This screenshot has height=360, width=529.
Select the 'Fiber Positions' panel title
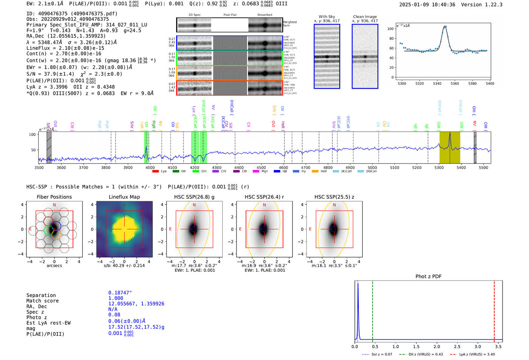[x=54, y=197]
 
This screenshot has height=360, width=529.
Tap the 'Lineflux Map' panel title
[x=124, y=197]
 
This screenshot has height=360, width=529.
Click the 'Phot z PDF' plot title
[x=428, y=276]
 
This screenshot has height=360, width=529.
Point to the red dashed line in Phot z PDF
[x=494, y=310]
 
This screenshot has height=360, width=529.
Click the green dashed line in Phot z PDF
[x=372, y=310]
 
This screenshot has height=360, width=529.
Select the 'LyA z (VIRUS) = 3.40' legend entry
[x=477, y=354]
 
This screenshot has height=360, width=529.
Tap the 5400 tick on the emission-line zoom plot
[x=490, y=83]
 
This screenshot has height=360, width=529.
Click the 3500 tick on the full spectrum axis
[x=39, y=168]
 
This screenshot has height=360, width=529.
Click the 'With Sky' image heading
[x=327, y=17]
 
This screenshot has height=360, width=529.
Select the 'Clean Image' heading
[x=365, y=17]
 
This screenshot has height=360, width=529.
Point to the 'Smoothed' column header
[x=264, y=15]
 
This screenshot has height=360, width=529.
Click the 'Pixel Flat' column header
[x=230, y=15]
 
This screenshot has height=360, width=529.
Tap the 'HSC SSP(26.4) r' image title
[x=264, y=197]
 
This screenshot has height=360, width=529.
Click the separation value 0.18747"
[x=120, y=293]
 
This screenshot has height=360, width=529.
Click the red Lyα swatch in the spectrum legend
[x=155, y=172]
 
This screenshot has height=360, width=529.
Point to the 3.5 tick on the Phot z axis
[x=498, y=346]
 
